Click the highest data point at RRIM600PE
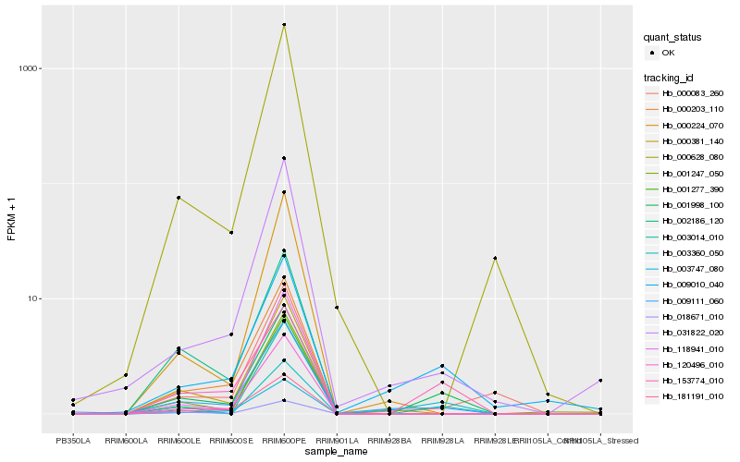point(284,25)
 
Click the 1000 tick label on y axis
point(28,68)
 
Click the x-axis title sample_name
point(337,451)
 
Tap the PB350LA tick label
point(73,440)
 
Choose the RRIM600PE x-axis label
point(284,440)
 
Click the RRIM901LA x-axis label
point(337,440)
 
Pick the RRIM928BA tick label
point(389,440)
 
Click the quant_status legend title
point(672,37)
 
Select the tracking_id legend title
point(671,77)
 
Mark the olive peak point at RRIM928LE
point(495,258)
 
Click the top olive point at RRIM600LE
point(179,198)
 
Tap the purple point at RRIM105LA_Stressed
point(600,380)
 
